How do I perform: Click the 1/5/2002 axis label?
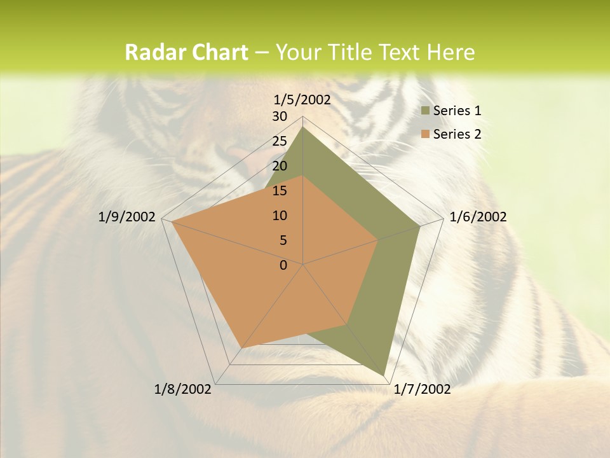pos(302,99)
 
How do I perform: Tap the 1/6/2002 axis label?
pos(478,217)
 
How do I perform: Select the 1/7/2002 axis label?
pos(422,389)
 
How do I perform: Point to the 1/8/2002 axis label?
pos(183,389)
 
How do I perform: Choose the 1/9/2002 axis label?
pos(127,217)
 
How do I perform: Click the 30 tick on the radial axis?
pos(280,116)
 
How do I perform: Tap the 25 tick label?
pos(280,141)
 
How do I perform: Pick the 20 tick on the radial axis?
pos(280,166)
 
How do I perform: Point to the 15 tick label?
pos(280,191)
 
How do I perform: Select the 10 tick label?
pos(280,216)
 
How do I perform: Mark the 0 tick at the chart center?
pos(283,265)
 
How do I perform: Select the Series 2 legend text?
pos(457,134)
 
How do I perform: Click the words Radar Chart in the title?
pos(186,52)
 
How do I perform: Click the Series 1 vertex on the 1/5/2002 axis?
pos(303,127)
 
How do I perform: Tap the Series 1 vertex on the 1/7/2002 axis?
pos(384,375)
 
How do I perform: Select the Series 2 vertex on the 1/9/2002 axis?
pos(172,223)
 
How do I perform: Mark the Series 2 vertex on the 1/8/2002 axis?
pos(240,349)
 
